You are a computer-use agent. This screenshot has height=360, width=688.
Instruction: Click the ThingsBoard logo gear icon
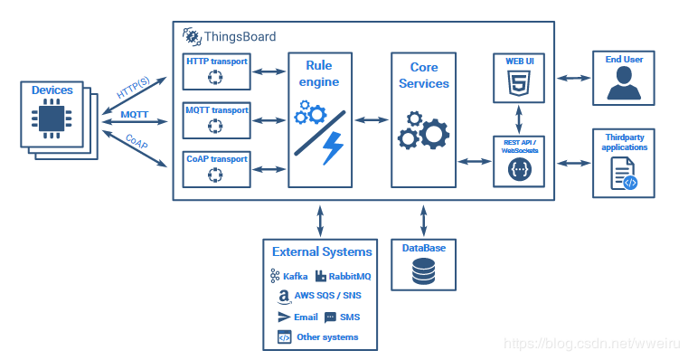point(191,36)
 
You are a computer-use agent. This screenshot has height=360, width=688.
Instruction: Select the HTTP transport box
point(216,70)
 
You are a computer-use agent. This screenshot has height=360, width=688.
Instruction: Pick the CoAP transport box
point(216,168)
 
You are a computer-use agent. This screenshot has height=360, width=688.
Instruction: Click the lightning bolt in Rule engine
point(332,147)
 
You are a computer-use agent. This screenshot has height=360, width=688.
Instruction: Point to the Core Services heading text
point(424,75)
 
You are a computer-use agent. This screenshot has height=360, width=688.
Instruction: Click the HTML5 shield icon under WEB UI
point(518,85)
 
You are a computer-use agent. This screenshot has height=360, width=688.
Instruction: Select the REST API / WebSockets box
point(518,161)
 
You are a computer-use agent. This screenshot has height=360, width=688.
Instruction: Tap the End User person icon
point(624,85)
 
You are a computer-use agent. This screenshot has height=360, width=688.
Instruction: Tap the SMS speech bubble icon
point(330,317)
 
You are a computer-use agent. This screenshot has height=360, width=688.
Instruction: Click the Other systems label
point(327,337)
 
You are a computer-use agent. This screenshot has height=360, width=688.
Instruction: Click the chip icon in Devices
point(51,120)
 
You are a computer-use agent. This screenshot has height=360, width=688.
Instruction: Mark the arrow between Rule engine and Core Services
point(372,119)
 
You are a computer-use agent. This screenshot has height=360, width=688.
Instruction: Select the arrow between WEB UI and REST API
point(518,119)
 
